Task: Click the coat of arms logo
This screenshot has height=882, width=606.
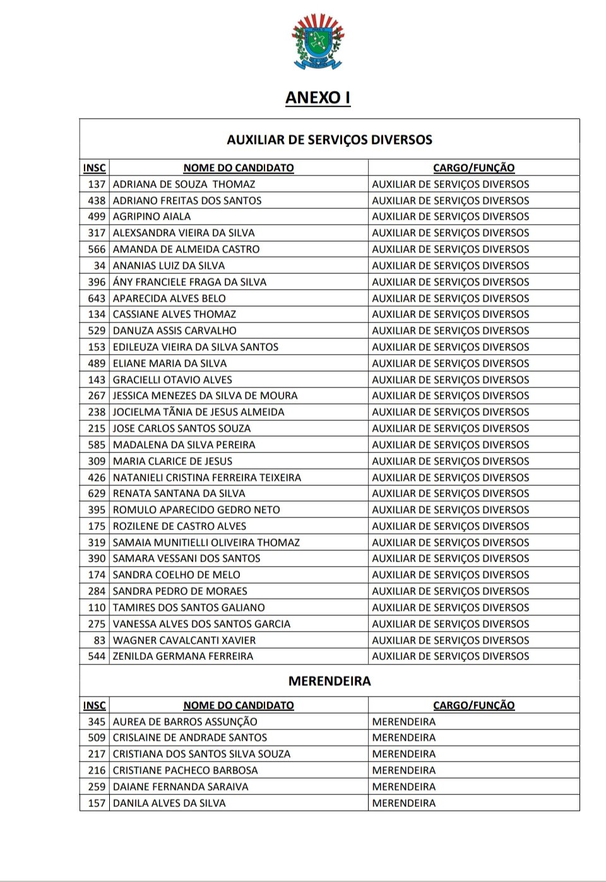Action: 318,42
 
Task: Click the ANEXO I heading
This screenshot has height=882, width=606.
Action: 318,98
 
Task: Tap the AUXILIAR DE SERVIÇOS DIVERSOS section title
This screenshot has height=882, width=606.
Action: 330,139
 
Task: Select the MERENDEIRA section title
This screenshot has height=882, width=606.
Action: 330,681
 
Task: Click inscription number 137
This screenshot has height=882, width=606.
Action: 97,184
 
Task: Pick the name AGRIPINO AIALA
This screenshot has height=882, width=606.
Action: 151,216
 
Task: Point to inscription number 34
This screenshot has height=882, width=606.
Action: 99,266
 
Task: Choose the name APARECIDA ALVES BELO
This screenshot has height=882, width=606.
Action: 169,298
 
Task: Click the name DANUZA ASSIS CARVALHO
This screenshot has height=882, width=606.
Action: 175,331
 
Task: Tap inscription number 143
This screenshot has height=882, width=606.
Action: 97,380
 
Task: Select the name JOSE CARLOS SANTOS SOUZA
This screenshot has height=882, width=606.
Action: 182,428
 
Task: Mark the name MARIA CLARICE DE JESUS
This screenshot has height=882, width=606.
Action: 172,461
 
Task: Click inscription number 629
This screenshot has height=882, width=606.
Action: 97,493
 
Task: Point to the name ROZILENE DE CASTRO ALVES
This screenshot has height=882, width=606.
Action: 179,526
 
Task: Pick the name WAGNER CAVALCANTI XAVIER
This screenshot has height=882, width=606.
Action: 184,640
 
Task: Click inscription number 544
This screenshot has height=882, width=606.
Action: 97,656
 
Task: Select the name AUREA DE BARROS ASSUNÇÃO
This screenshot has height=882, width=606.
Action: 185,722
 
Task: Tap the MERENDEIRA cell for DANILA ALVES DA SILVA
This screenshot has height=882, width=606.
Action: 404,803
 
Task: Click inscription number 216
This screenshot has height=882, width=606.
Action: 97,770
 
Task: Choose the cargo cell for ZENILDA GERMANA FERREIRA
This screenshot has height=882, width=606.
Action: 451,656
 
